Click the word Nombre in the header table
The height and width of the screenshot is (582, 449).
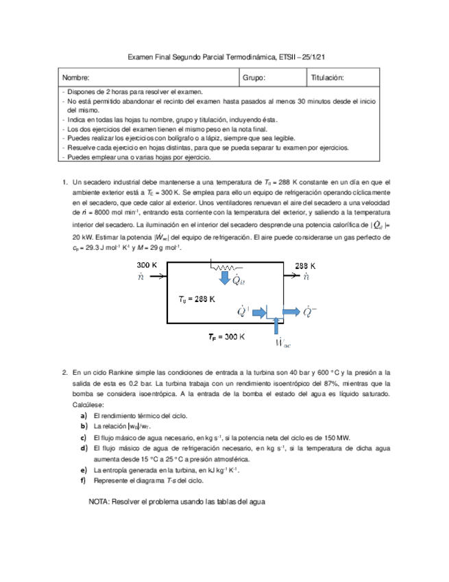coord(76,78)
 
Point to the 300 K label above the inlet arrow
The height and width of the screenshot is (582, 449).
coord(149,265)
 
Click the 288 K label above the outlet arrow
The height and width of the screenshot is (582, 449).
coord(306,265)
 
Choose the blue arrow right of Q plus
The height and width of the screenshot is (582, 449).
coord(260,312)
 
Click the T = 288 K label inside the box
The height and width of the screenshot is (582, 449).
coord(197,299)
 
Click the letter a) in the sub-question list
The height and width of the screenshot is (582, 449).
coord(83,416)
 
